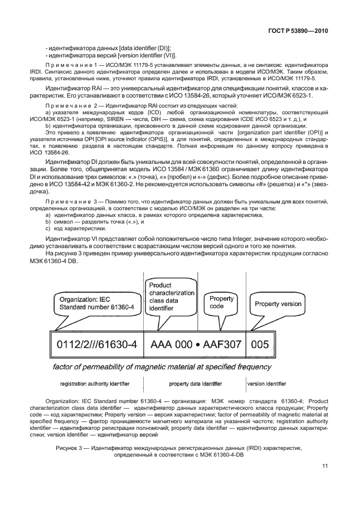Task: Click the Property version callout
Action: (x=277, y=304)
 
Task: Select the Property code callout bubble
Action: (x=222, y=302)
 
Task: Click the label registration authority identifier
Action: (x=95, y=384)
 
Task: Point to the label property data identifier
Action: (x=195, y=384)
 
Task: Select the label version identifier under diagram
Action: (x=266, y=384)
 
